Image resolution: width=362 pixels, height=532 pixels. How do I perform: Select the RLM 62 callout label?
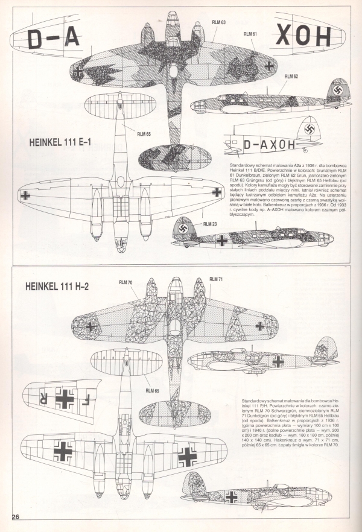point(291,77)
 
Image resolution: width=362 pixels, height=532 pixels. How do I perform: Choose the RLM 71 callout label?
point(217,279)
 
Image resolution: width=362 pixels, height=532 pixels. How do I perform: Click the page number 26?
point(16,516)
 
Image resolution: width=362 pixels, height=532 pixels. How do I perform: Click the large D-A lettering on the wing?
point(54,39)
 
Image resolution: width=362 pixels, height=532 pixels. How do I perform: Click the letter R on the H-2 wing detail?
point(42,398)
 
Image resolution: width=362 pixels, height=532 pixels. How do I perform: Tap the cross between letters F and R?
point(64,398)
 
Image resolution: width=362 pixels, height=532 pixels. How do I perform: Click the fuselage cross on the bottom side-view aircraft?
point(231,496)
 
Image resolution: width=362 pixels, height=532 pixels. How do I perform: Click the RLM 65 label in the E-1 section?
point(144,134)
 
